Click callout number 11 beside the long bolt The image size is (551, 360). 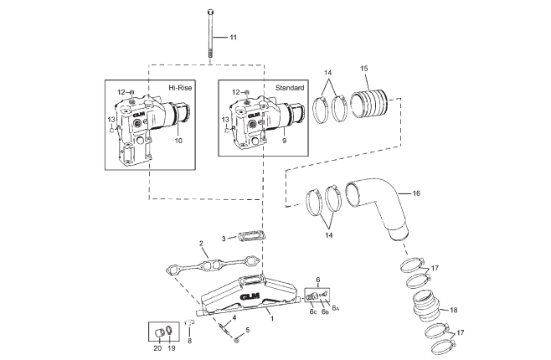click(234, 38)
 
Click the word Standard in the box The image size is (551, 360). click(290, 87)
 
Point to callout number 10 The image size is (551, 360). click(178, 140)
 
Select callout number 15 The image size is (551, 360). click(364, 68)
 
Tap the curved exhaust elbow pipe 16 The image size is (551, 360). click(377, 205)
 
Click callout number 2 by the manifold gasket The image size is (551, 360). click(202, 244)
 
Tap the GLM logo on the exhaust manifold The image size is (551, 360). click(250, 296)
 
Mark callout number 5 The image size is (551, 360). click(247, 329)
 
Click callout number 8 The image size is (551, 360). click(190, 342)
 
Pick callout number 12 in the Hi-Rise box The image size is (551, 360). click(121, 92)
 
